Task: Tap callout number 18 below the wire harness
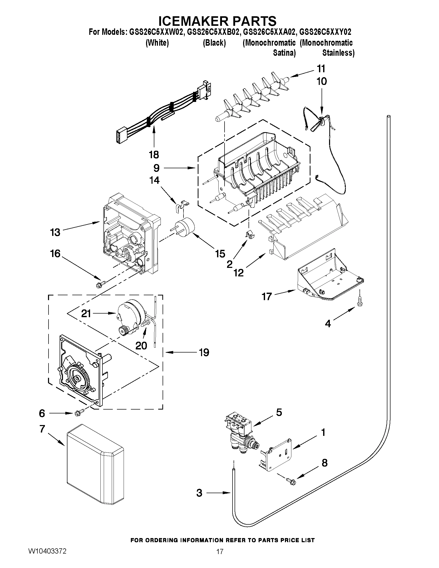click(x=154, y=155)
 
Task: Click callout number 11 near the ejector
click(x=321, y=69)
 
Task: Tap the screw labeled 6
click(x=78, y=413)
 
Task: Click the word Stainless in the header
click(x=338, y=53)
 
